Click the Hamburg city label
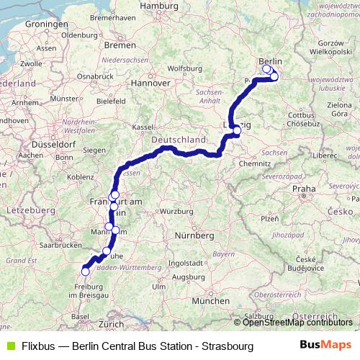(158, 6)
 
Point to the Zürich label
(112, 324)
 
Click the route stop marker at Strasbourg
(85, 271)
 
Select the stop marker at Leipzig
(236, 130)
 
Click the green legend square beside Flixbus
(9, 346)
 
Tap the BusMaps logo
(325, 346)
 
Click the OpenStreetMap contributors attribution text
(298, 323)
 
